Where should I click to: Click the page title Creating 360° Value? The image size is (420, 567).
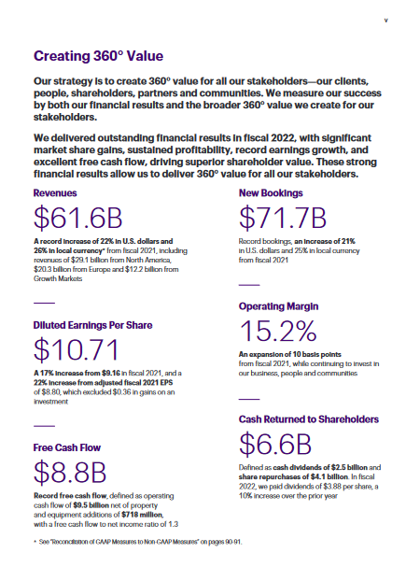[x=98, y=56]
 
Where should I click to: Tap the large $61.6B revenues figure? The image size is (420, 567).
[x=78, y=218]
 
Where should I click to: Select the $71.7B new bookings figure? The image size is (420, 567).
[x=283, y=218]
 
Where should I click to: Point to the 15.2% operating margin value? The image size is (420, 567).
[x=278, y=331]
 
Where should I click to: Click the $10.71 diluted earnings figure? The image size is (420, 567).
[x=76, y=349]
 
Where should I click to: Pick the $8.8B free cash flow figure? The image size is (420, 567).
[x=70, y=472]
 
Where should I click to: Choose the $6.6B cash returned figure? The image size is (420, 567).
[x=275, y=444]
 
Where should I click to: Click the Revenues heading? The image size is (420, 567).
[x=55, y=193]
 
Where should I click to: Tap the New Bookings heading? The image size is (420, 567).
[x=271, y=193]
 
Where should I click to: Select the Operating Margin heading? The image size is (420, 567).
[x=278, y=306]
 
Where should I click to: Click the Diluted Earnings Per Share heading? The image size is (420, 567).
[x=93, y=325]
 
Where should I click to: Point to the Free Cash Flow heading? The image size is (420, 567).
[x=67, y=447]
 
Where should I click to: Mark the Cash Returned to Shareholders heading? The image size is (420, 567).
[x=309, y=419]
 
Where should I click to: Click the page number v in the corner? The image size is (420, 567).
[x=386, y=21]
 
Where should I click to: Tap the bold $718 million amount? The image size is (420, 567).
[x=143, y=515]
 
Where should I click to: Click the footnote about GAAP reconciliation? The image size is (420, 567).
[x=140, y=542]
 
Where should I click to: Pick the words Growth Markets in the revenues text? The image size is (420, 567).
[x=58, y=278]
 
